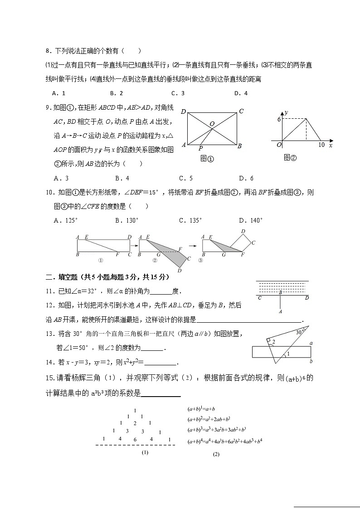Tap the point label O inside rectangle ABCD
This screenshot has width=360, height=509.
click(x=211, y=123)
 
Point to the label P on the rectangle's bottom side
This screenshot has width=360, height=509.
click(x=200, y=148)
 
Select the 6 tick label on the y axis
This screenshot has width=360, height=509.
click(x=280, y=119)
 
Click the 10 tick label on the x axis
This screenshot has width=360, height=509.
click(x=321, y=145)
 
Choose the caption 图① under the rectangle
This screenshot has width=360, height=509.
click(x=207, y=159)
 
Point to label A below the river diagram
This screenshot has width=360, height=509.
click(x=281, y=312)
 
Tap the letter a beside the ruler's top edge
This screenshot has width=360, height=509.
click(x=311, y=344)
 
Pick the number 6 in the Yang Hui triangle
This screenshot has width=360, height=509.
click(x=135, y=439)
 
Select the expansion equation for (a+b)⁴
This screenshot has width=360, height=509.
click(x=224, y=441)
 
